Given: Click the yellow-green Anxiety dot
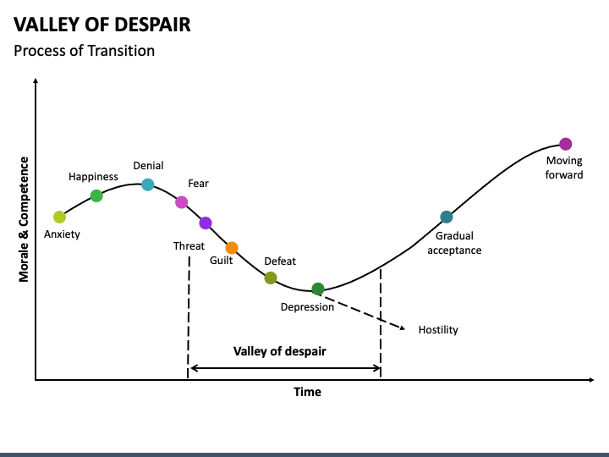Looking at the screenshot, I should (x=59, y=217).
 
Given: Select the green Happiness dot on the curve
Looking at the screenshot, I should (x=96, y=195).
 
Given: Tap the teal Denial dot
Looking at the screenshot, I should (x=148, y=184).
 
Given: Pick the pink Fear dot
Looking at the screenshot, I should (x=181, y=201).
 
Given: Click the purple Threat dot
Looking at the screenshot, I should (x=206, y=223).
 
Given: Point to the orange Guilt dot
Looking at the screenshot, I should (x=232, y=248).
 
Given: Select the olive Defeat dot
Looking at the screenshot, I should (x=271, y=278).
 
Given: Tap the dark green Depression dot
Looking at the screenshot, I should (x=318, y=289).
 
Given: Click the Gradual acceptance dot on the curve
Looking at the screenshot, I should (x=447, y=217).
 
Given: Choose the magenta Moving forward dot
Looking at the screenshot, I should (x=566, y=144).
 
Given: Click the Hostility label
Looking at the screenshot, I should (x=438, y=329).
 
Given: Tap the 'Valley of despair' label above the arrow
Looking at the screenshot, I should (x=280, y=351).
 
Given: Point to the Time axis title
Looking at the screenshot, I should (x=307, y=392).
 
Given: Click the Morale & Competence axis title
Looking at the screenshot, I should (x=25, y=219).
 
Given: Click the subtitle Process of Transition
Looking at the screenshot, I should (x=85, y=51).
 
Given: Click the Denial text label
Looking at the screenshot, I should (x=148, y=166).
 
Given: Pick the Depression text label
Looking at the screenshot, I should (x=307, y=307).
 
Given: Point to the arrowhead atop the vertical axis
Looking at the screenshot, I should (x=36, y=82).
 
